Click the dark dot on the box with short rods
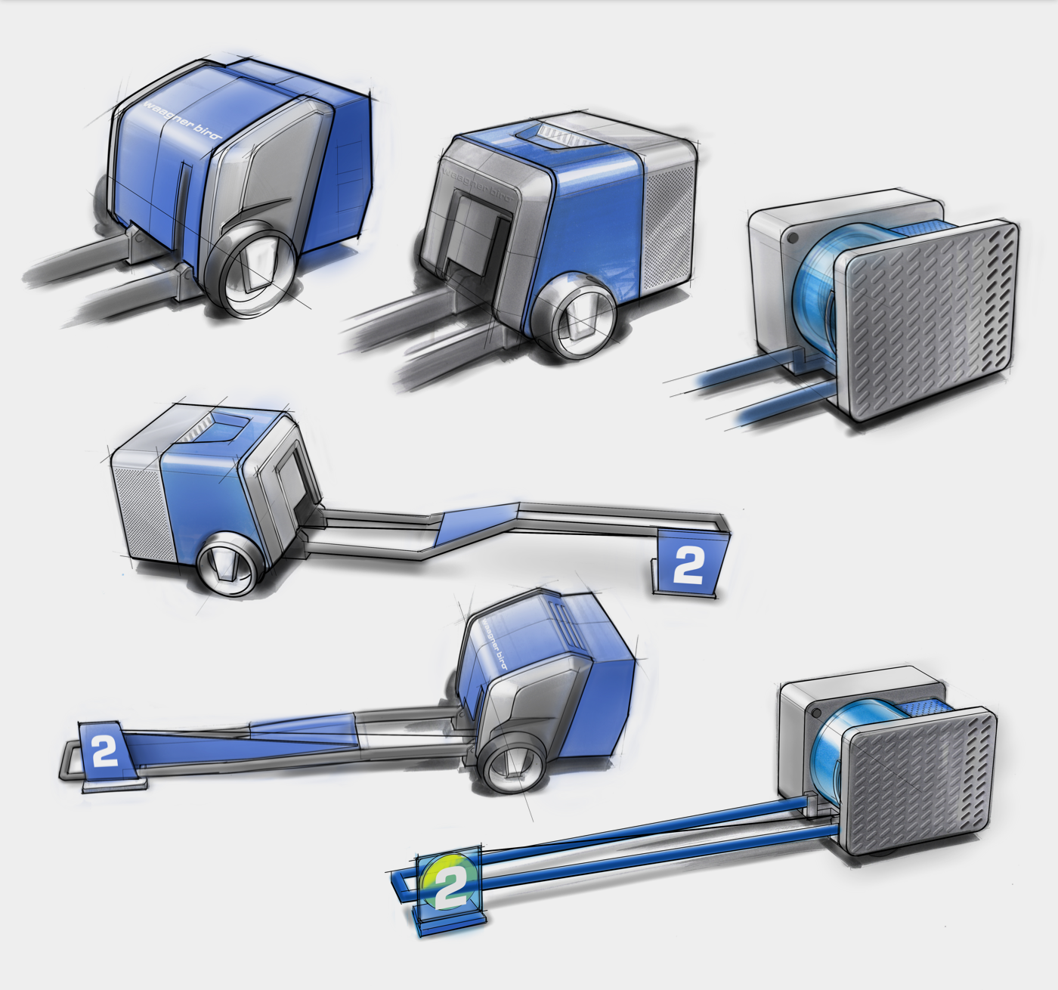(x=791, y=237)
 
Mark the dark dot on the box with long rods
(x=815, y=712)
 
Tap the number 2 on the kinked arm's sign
(x=688, y=565)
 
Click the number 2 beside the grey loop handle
(x=104, y=750)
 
